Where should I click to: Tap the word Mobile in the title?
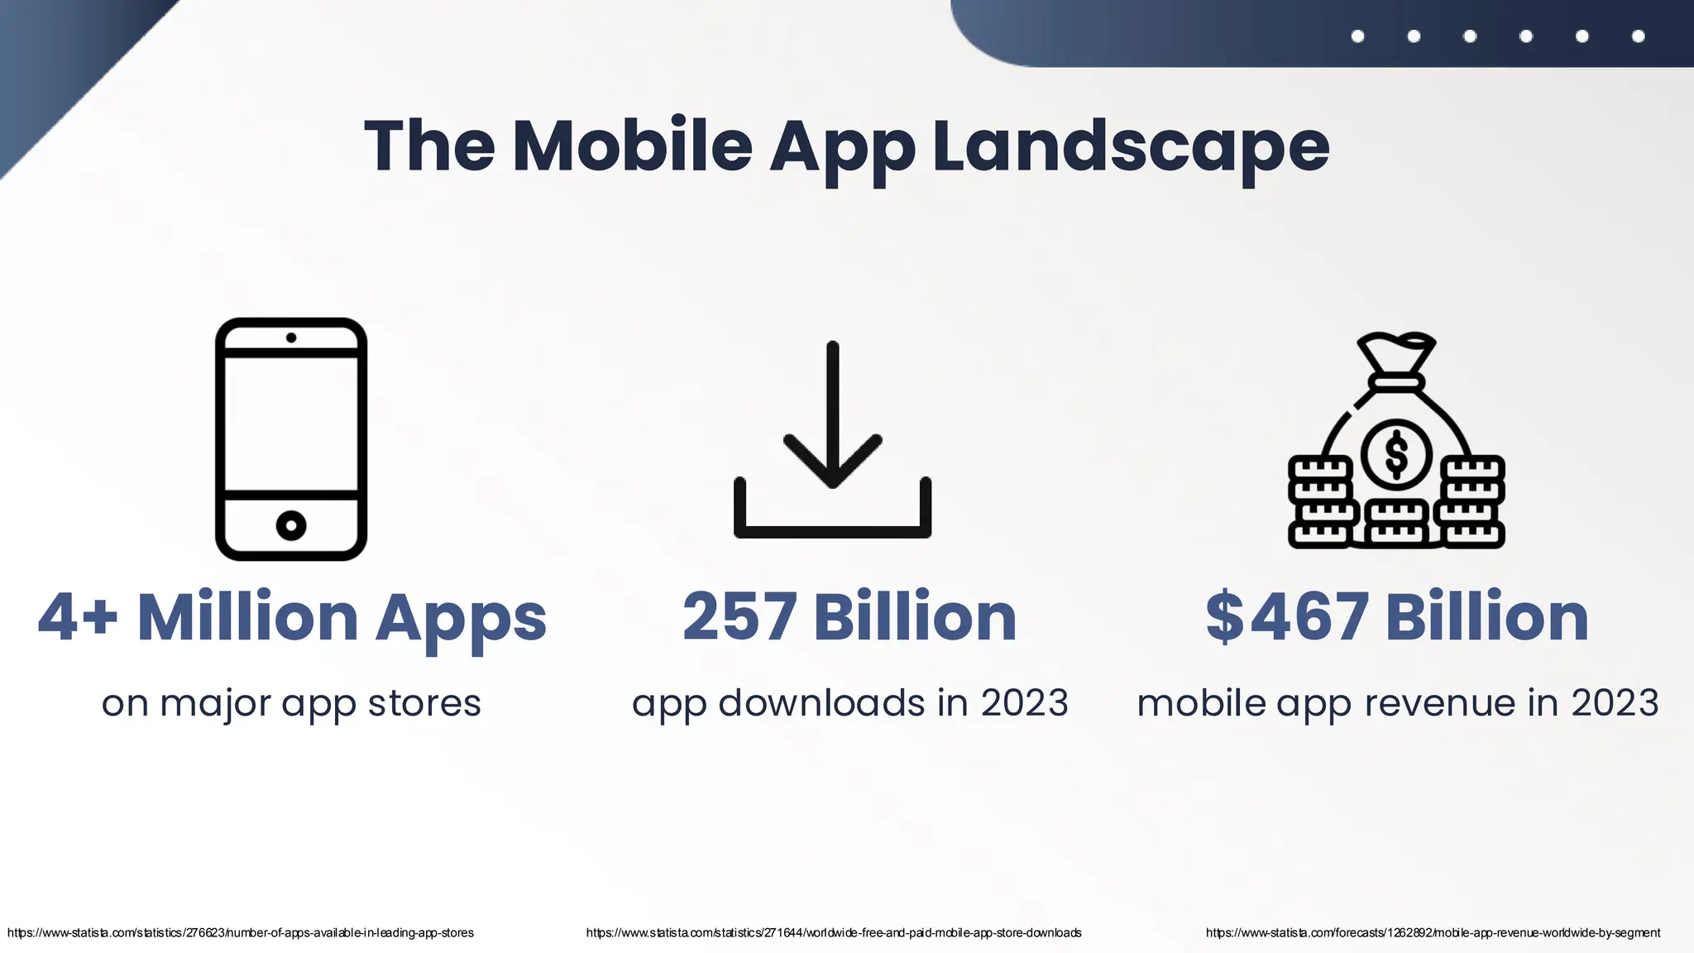click(633, 147)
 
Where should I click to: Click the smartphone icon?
click(291, 438)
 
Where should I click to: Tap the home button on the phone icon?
click(291, 525)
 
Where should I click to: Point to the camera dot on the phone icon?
click(291, 338)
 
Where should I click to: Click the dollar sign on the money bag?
click(1396, 454)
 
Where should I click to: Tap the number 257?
click(739, 617)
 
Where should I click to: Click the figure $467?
click(1286, 617)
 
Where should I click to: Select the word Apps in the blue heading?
click(461, 619)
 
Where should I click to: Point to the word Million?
click(247, 617)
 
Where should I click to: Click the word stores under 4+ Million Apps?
click(424, 703)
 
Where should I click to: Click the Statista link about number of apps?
click(241, 933)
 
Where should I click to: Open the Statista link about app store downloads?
click(834, 933)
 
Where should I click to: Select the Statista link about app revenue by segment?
click(1433, 933)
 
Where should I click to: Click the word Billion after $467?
click(1487, 617)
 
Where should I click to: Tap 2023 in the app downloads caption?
click(1024, 703)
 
